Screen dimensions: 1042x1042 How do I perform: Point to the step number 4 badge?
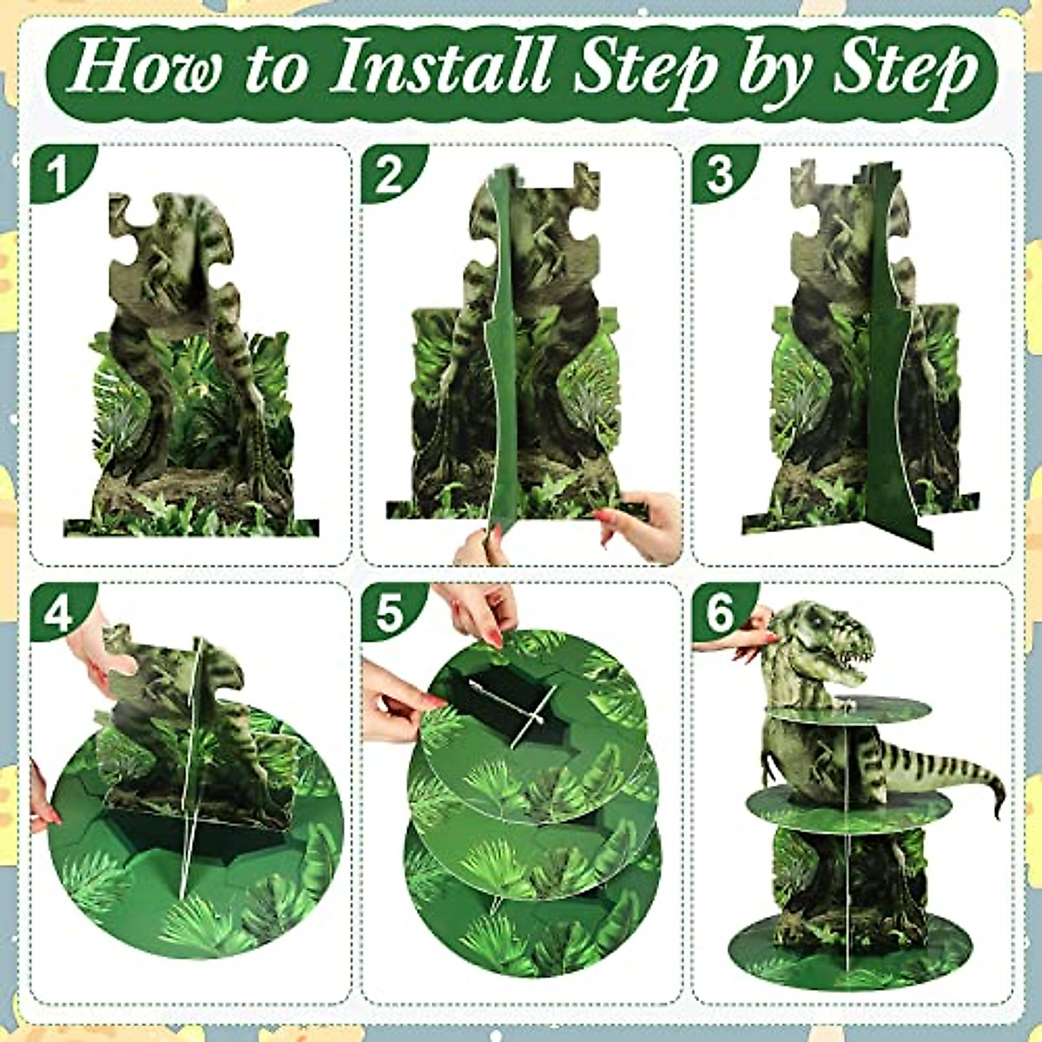[x=57, y=614]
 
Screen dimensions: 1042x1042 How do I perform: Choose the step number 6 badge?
[x=720, y=614]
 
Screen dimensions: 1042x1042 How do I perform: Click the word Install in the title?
[x=441, y=67]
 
